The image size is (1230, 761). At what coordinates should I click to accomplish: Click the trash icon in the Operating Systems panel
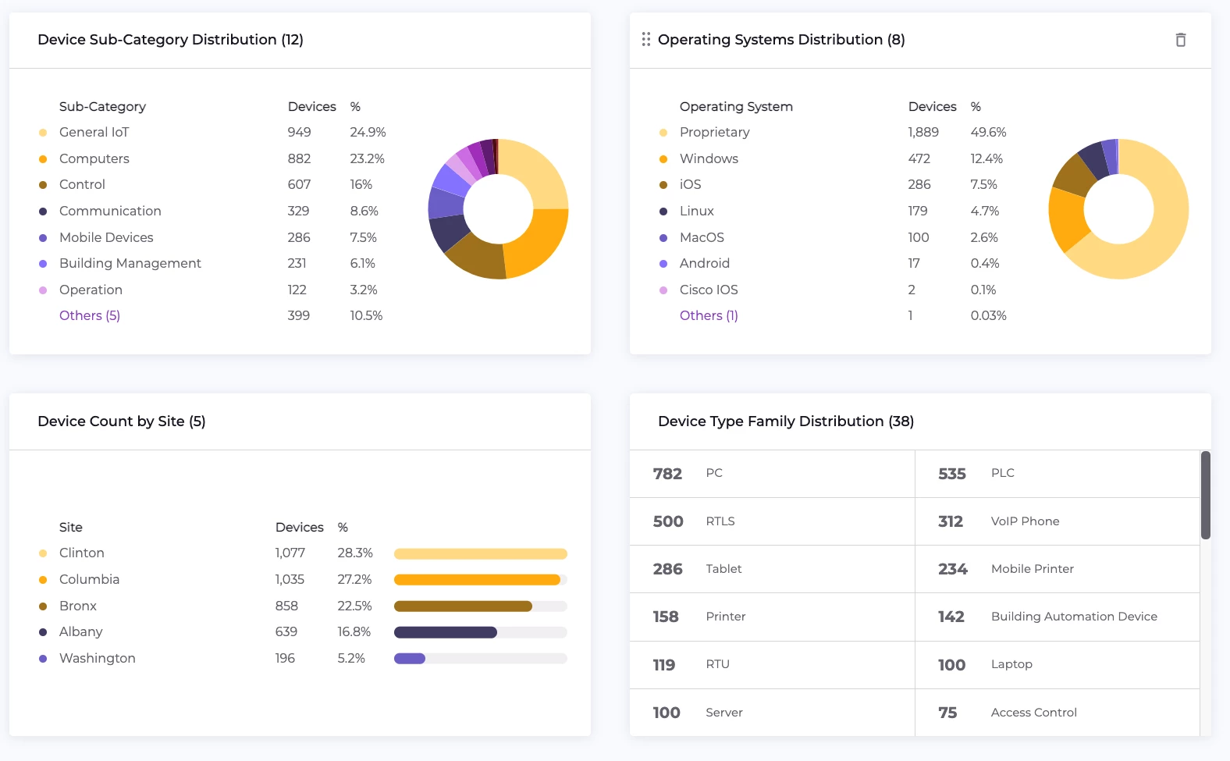pos(1181,40)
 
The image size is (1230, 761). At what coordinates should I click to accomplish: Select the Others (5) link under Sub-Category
pos(90,315)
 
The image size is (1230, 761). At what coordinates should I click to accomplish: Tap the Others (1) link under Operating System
pos(709,315)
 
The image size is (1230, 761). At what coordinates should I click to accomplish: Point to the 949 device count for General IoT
pos(299,133)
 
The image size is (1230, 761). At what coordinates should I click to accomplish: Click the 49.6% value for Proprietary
pos(988,133)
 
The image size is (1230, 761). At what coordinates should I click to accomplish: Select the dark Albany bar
pos(445,632)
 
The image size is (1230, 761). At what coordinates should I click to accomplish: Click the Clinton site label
pos(82,553)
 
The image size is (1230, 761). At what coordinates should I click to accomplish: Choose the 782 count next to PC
pos(667,474)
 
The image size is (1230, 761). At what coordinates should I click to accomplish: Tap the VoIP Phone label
pos(1025,521)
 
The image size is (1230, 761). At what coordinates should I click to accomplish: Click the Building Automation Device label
pos(1074,617)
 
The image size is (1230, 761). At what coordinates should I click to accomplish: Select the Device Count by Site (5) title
pos(122,421)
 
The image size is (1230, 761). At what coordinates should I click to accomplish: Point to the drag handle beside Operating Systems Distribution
pos(646,40)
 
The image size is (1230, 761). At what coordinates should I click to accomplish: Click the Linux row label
pos(697,212)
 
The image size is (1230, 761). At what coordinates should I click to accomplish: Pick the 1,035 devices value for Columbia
pos(290,580)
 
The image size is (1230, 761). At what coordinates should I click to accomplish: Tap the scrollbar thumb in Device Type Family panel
pos(1205,495)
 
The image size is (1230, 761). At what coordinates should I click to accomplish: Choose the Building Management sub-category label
pos(130,264)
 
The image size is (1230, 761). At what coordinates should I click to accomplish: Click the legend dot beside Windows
pos(663,159)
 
